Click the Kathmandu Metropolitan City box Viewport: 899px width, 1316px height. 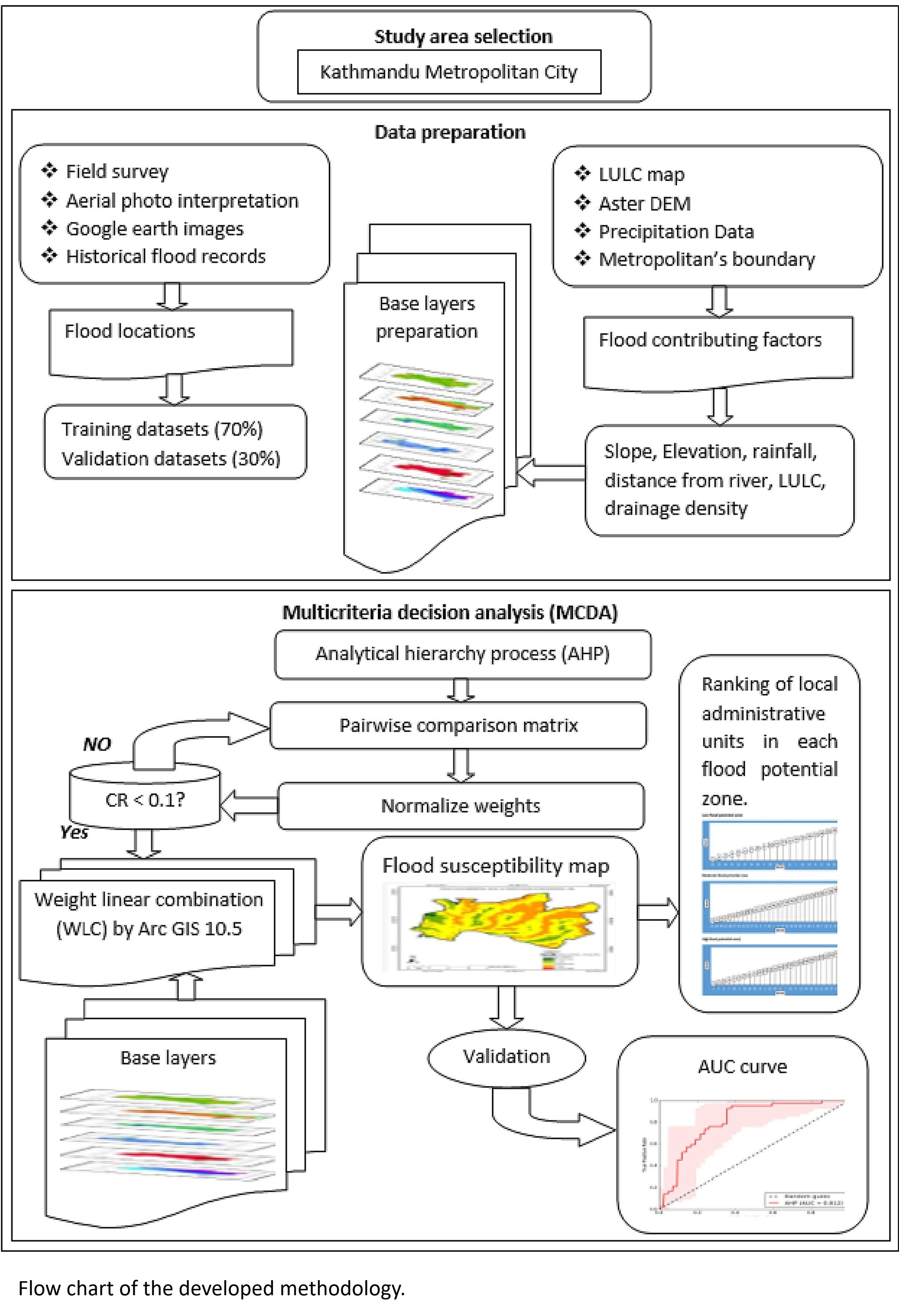pyautogui.click(x=449, y=72)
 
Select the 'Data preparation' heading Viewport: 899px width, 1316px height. pyautogui.click(x=450, y=132)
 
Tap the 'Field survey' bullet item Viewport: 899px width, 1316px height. pyautogui.click(x=117, y=171)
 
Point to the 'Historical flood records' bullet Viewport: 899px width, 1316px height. pyautogui.click(x=165, y=256)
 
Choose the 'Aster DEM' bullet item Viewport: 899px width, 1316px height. pyautogui.click(x=644, y=203)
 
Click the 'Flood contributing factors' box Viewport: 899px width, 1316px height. pyautogui.click(x=718, y=348)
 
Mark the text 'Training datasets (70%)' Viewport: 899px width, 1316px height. pyautogui.click(x=162, y=429)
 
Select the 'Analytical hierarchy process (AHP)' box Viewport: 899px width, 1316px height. pyautogui.click(x=462, y=654)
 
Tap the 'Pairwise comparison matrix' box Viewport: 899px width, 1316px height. pyautogui.click(x=458, y=725)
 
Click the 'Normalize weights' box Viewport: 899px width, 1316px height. pyautogui.click(x=460, y=806)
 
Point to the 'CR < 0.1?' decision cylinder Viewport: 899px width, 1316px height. pyautogui.click(x=144, y=799)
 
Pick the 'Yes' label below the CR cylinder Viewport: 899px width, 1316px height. pyautogui.click(x=74, y=832)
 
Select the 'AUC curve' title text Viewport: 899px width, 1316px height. pyautogui.click(x=742, y=1067)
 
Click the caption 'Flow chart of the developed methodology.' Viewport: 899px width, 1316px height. pyautogui.click(x=211, y=1288)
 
